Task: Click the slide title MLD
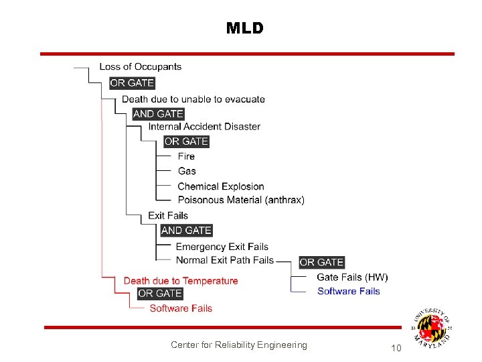[245, 28]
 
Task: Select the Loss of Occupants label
[141, 66]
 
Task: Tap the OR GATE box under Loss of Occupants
[132, 83]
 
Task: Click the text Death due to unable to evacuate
[193, 99]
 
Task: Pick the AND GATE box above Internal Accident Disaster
[158, 114]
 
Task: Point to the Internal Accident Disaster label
[204, 126]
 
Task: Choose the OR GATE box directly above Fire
[187, 141]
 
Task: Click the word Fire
[186, 156]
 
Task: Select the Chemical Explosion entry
[221, 186]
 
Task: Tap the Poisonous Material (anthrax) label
[241, 200]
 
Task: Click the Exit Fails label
[168, 215]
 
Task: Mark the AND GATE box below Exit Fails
[186, 230]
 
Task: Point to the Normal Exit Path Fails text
[225, 260]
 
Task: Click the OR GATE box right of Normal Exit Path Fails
[321, 262]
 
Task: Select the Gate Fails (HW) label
[352, 277]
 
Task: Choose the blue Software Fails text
[348, 291]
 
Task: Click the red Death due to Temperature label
[181, 281]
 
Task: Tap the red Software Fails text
[181, 308]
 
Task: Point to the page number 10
[396, 348]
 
